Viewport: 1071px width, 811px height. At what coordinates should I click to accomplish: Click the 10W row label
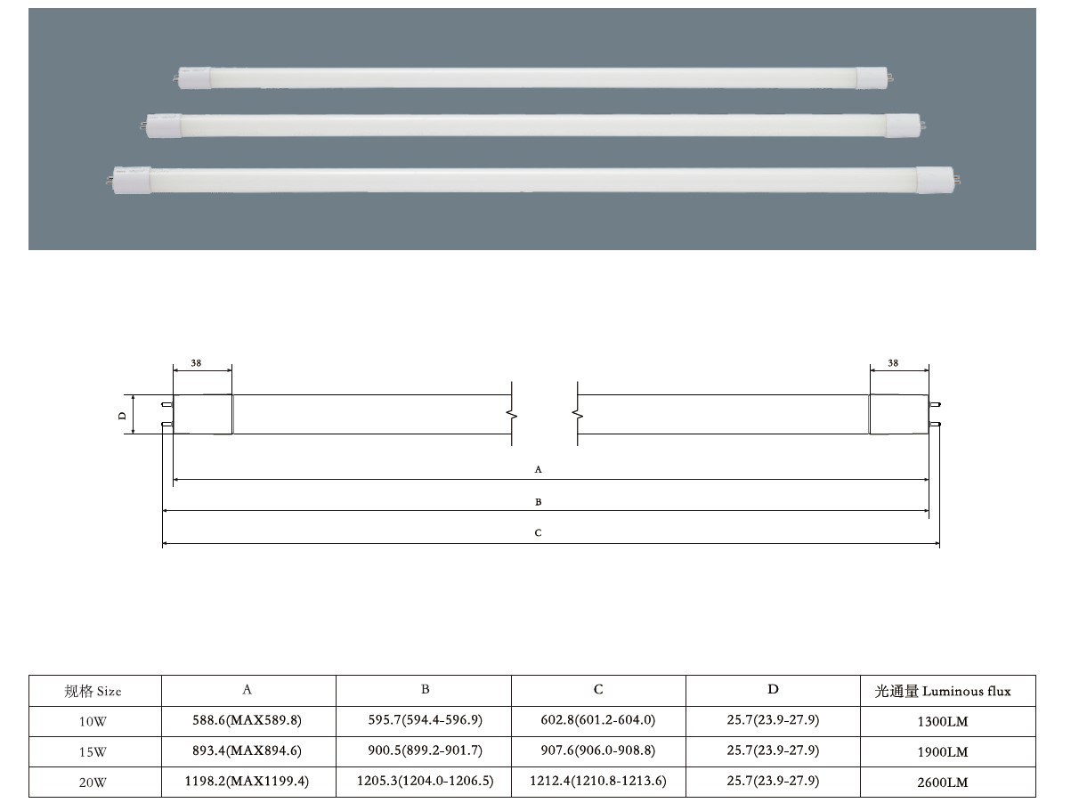click(93, 721)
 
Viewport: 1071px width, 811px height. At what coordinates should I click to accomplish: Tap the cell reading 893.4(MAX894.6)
click(248, 751)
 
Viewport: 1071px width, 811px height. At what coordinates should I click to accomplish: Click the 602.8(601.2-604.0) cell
click(598, 721)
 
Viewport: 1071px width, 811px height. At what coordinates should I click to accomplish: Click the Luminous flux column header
click(947, 691)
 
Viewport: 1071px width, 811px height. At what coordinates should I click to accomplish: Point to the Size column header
click(93, 691)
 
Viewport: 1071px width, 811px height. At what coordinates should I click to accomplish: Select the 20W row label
click(93, 783)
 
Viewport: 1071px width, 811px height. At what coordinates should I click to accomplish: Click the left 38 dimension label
click(197, 363)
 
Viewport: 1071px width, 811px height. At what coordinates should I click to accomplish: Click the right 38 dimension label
click(893, 363)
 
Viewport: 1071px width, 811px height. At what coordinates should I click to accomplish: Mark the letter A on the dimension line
click(538, 468)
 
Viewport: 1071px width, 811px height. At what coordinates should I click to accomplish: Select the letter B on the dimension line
click(538, 502)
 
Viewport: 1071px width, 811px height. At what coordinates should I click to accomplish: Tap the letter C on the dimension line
click(538, 533)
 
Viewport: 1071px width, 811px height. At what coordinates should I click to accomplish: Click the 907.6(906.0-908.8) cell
click(598, 751)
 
